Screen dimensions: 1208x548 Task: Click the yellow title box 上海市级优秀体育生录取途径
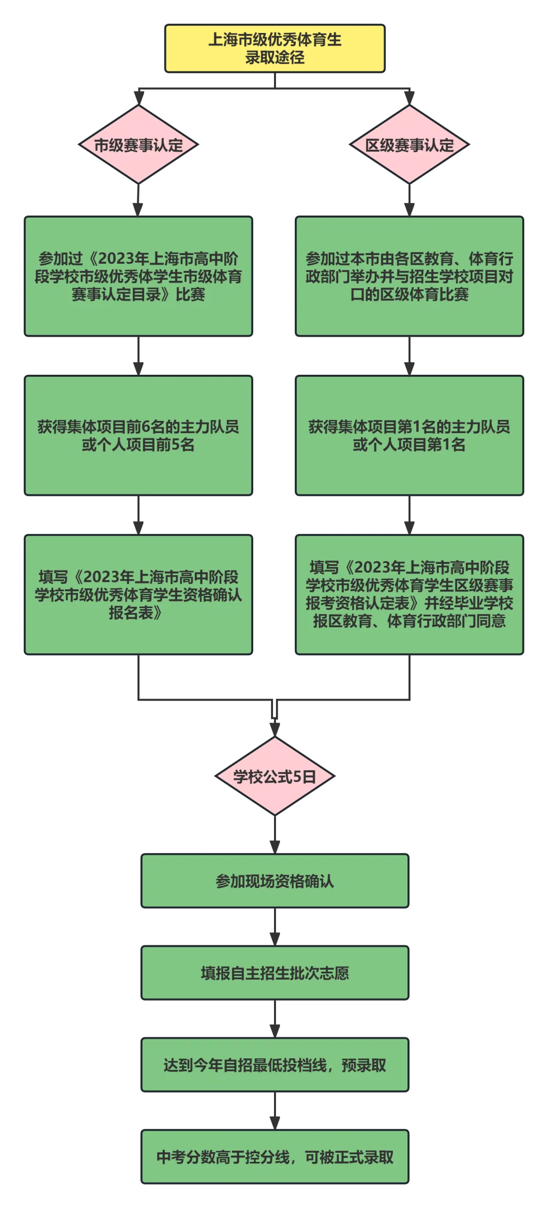pos(275,48)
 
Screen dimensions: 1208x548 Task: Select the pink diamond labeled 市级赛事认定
pos(138,145)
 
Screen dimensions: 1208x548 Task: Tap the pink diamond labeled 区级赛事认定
pos(409,145)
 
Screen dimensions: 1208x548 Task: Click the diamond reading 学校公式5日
pos(274,776)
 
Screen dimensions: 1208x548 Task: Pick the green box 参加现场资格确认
pos(274,881)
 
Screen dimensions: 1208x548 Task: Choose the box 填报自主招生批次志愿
pos(274,973)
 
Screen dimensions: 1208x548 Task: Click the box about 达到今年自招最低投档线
pos(274,1065)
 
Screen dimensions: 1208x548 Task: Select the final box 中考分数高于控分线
pos(274,1157)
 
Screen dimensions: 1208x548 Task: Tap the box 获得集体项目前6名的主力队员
pos(138,436)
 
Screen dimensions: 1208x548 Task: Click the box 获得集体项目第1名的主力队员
pos(409,436)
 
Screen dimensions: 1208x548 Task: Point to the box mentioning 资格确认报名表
pos(138,595)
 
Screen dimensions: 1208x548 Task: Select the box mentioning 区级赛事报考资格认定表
pos(409,594)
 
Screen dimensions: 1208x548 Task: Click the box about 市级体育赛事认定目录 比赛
pos(138,276)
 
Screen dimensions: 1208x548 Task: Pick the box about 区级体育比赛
pos(409,276)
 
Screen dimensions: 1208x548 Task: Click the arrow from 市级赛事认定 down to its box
pos(138,200)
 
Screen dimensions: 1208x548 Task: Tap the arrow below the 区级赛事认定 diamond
pos(409,200)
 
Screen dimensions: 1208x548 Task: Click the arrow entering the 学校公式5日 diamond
pos(274,720)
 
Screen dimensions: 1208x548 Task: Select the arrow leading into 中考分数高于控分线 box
pos(274,1111)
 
